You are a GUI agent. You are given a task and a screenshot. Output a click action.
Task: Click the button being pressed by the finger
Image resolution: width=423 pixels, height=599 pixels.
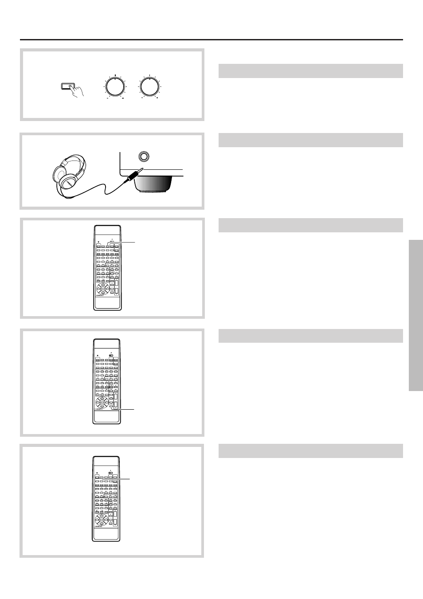point(67,86)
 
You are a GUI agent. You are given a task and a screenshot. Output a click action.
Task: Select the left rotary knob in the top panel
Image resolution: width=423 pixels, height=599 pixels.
point(115,86)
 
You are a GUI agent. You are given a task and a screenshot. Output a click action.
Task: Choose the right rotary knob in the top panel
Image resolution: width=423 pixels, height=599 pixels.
point(149,86)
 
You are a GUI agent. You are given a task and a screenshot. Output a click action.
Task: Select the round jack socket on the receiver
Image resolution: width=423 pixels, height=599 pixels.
point(143,157)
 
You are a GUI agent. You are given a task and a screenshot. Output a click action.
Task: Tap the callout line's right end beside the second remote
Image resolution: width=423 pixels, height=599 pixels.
point(133,409)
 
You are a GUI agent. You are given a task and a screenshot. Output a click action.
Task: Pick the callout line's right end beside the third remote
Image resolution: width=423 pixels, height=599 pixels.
point(130,479)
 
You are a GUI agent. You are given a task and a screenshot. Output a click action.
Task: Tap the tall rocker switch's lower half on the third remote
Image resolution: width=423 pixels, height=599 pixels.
point(114,522)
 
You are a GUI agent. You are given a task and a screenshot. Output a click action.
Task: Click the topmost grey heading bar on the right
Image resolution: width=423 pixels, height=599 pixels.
point(310,71)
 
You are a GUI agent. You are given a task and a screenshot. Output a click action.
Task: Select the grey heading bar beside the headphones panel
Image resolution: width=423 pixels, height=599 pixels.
point(310,140)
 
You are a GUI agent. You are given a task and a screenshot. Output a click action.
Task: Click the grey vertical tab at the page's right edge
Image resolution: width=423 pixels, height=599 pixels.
point(416,315)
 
